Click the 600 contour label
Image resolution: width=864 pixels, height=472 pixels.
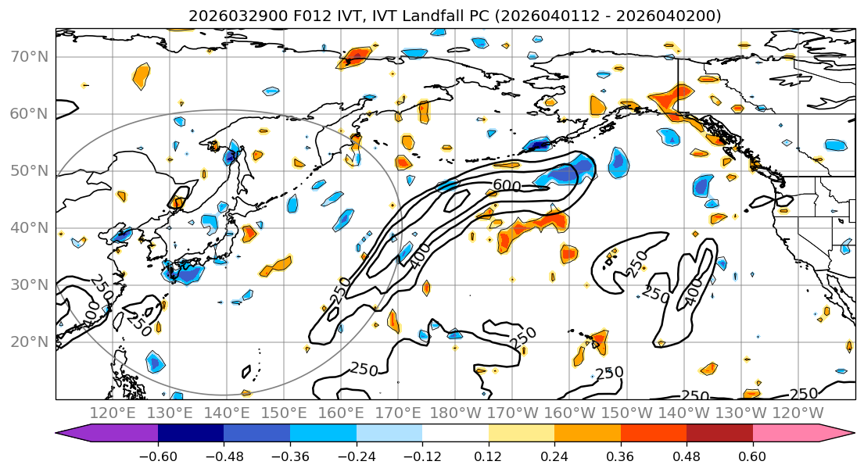click(x=507, y=185)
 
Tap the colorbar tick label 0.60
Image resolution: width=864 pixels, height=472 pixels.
click(x=752, y=456)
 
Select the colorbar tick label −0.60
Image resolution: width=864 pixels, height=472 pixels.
click(x=157, y=456)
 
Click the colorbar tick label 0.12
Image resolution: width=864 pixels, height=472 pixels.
click(x=488, y=456)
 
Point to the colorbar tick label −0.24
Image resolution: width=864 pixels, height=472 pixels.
click(x=356, y=456)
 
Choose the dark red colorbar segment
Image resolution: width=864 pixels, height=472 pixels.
click(x=719, y=434)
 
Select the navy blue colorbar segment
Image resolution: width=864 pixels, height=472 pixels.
click(x=191, y=434)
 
